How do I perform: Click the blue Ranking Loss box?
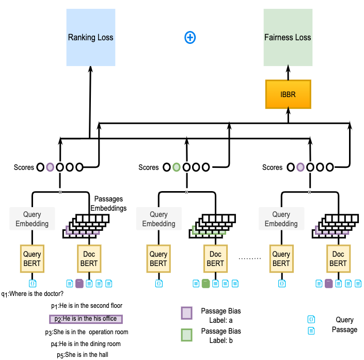[90, 37]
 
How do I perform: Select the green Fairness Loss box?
[288, 37]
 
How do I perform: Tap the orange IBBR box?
[288, 94]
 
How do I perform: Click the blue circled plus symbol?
[191, 37]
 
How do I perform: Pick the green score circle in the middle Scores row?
[177, 167]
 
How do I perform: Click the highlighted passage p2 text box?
[86, 319]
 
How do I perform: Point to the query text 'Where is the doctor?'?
[36, 294]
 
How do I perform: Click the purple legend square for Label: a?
[187, 314]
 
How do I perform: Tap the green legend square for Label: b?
[187, 335]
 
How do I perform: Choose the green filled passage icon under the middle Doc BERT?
[205, 283]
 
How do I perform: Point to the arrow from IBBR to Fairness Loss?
[288, 73]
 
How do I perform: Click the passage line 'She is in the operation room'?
[86, 332]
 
